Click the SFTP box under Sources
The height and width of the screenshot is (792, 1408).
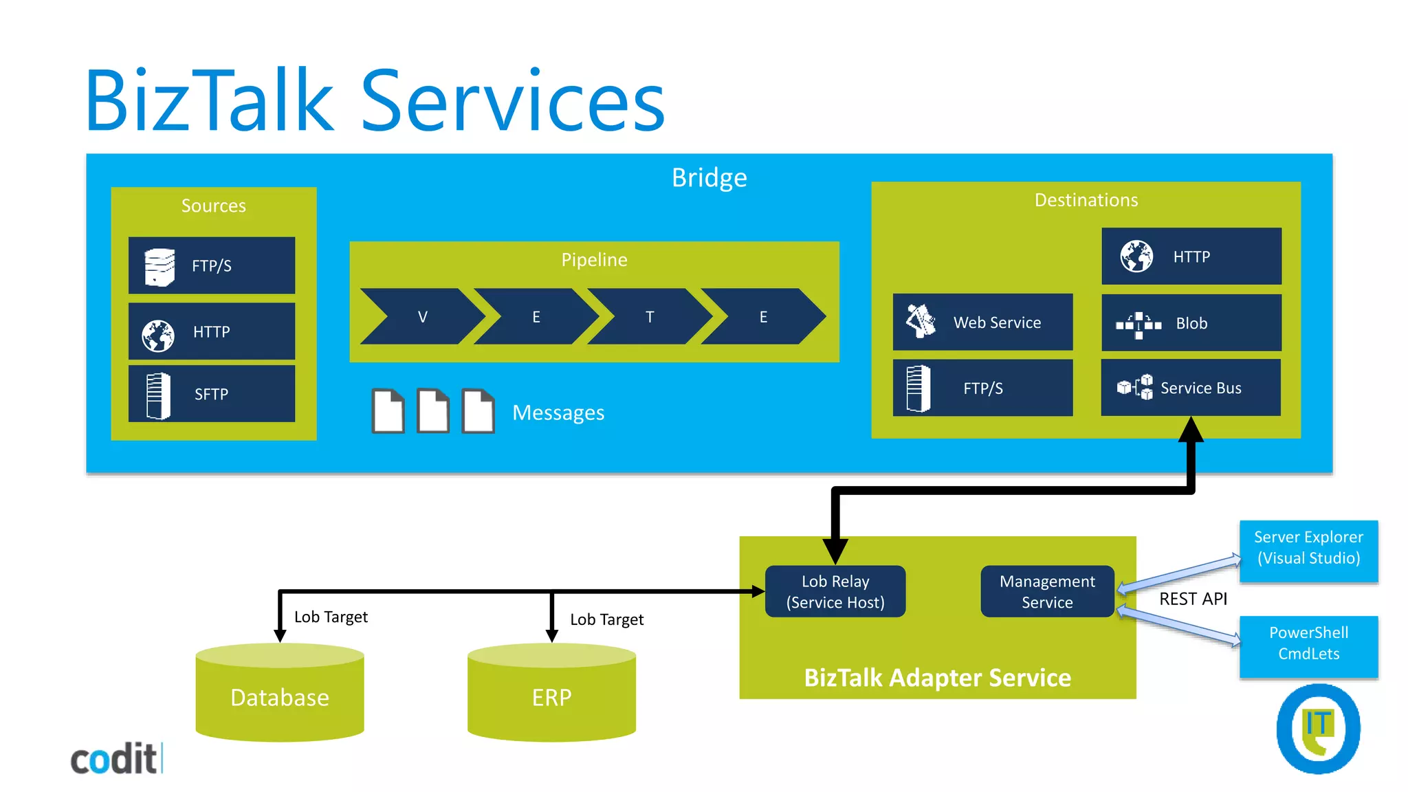211,394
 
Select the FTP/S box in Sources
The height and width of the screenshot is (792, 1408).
211,265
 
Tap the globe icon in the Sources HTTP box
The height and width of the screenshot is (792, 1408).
158,335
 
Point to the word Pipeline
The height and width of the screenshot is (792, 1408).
594,260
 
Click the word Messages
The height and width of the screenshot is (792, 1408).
558,412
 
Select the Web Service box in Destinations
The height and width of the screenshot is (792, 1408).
982,322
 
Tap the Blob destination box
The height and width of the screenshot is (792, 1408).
1191,323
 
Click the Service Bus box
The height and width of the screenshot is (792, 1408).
1191,388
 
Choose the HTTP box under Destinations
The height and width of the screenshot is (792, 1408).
1191,256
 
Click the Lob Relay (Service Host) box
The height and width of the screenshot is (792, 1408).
835,591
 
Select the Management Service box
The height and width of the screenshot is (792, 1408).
1047,591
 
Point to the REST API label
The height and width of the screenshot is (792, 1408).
1193,599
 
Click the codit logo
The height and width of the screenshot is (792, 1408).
115,759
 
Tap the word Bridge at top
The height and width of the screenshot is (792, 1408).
709,177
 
